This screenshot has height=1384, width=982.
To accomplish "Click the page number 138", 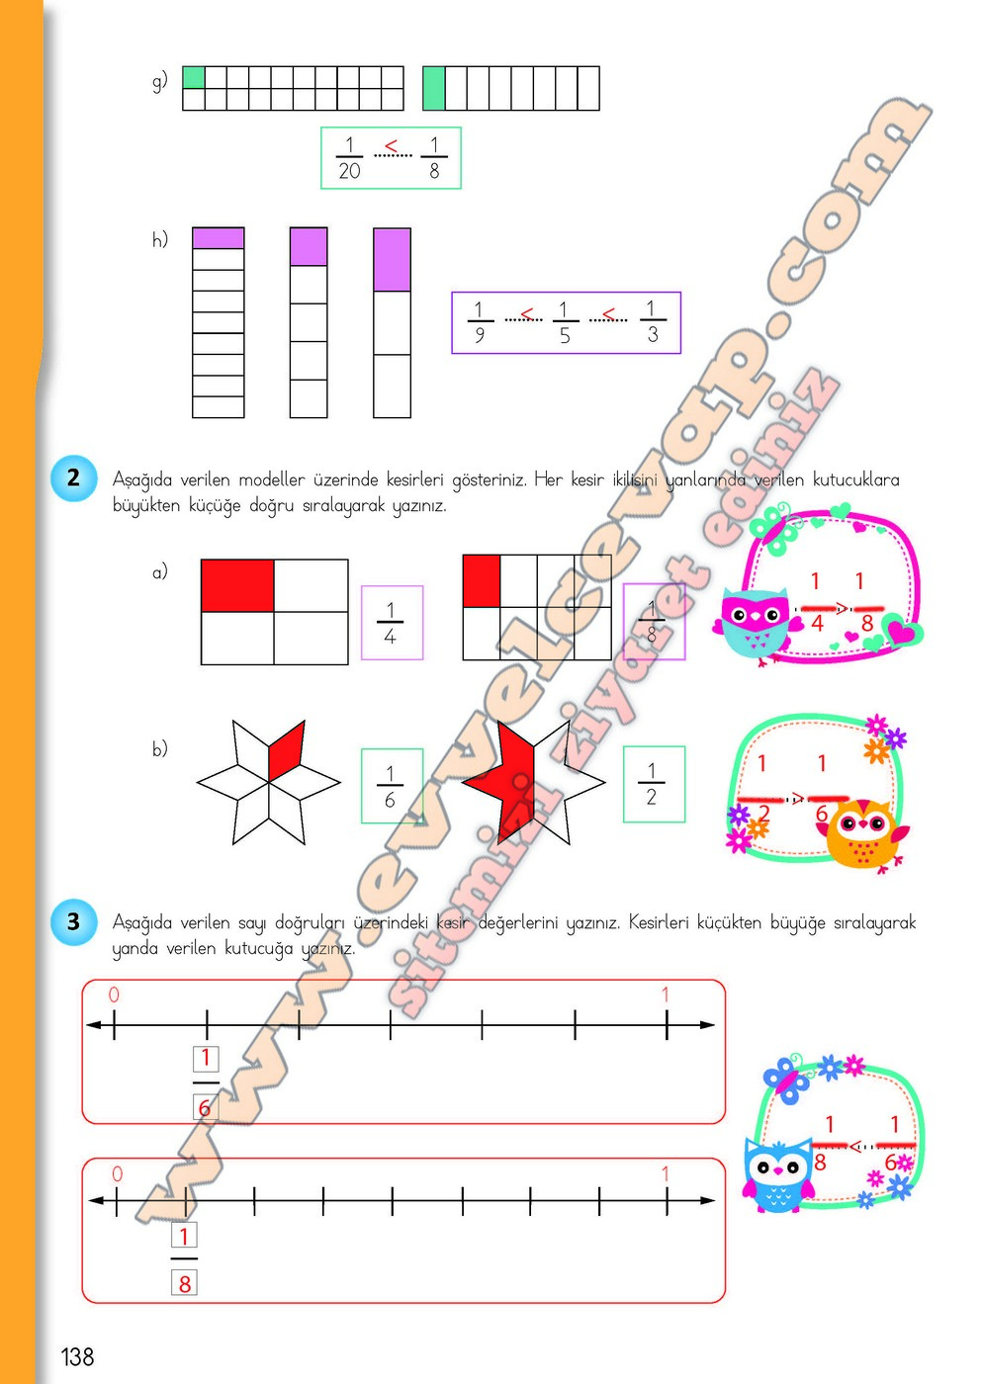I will (77, 1356).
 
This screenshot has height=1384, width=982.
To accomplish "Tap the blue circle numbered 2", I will (74, 478).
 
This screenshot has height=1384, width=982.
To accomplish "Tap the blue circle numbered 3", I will (74, 921).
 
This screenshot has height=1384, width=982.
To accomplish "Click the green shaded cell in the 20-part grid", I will (194, 77).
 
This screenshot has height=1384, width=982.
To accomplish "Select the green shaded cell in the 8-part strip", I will (434, 88).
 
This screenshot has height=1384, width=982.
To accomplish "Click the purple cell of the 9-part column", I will (218, 237).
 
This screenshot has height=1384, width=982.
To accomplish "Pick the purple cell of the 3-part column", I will (392, 260).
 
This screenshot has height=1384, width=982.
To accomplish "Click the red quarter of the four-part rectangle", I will (237, 585).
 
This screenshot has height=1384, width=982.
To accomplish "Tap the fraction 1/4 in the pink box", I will (391, 623).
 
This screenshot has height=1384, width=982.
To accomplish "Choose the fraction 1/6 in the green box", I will (390, 786).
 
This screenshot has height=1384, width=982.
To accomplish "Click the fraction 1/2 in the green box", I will (652, 784).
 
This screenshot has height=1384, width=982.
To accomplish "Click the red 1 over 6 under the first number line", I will (205, 1082).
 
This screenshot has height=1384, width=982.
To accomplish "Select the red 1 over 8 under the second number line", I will (184, 1259).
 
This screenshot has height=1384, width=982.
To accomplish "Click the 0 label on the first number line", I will (114, 995).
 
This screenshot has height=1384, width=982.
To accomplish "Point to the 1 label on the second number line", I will (666, 1173).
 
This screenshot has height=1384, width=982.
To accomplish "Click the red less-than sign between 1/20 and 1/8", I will (392, 147).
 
